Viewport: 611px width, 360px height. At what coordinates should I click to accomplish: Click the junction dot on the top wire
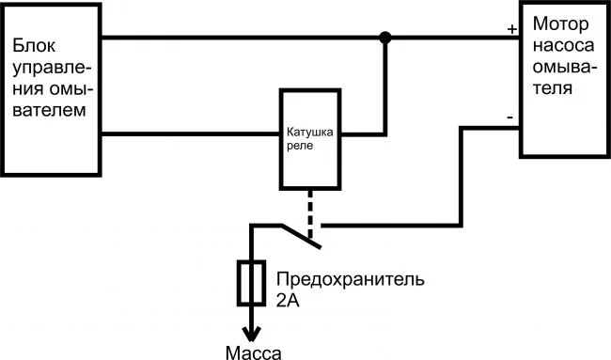point(384,39)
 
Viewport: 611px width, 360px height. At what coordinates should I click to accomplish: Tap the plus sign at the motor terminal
point(511,29)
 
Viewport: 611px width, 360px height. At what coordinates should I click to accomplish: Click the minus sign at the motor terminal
point(509,118)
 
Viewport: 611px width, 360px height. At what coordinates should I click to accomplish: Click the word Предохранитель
point(351,280)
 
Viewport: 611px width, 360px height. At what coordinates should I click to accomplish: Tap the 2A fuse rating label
point(289,302)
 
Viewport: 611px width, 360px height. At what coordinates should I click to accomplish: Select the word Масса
point(254,352)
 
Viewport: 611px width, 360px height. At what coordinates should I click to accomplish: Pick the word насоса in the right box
point(561,47)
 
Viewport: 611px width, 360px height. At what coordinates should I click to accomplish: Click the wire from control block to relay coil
point(188,133)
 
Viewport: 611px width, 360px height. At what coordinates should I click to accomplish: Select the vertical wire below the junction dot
point(384,89)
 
